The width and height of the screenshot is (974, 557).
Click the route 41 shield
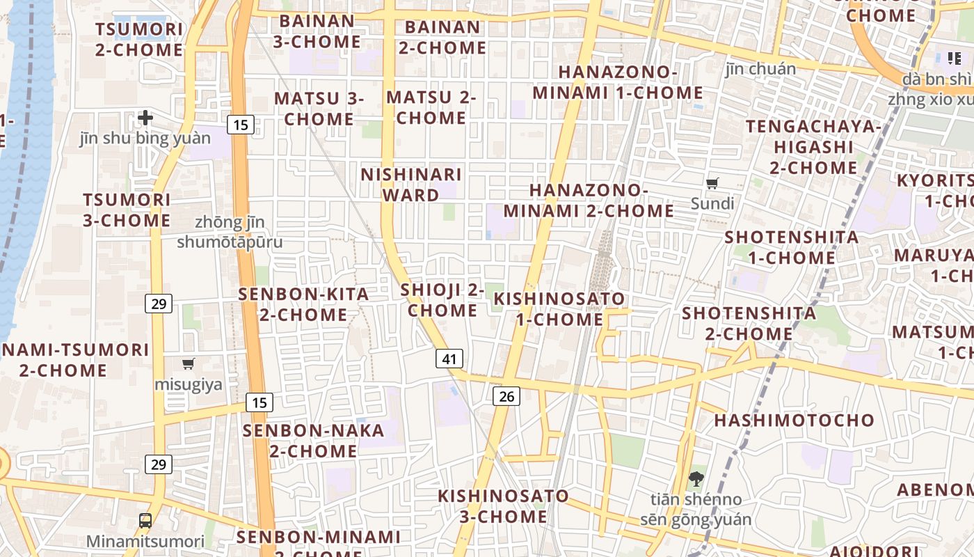pyautogui.click(x=449, y=359)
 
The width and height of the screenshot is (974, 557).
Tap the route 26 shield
pyautogui.click(x=506, y=396)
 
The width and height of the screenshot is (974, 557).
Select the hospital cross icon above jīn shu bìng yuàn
pyautogui.click(x=145, y=118)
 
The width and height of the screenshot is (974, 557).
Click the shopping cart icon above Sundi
pyautogui.click(x=712, y=184)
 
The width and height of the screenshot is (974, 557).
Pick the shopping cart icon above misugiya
pyautogui.click(x=188, y=363)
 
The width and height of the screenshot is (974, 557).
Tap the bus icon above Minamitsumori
pyautogui.click(x=145, y=520)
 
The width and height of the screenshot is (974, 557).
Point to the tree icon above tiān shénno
pyautogui.click(x=695, y=478)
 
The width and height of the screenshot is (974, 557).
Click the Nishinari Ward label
pyautogui.click(x=410, y=185)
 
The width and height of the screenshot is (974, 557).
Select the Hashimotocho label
pyautogui.click(x=794, y=420)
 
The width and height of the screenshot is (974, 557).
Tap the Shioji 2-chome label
pyautogui.click(x=442, y=300)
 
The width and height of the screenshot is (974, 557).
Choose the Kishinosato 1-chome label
pyautogui.click(x=559, y=309)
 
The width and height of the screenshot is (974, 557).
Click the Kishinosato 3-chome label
pyautogui.click(x=503, y=506)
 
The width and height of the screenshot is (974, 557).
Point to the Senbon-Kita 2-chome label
pyautogui.click(x=303, y=304)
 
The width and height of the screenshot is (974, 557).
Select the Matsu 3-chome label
pyautogui.click(x=319, y=109)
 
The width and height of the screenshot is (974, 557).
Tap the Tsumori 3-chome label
pyautogui.click(x=127, y=210)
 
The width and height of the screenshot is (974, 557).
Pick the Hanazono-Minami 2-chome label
pyautogui.click(x=589, y=200)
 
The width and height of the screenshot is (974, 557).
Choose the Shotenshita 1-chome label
pyautogui.click(x=792, y=247)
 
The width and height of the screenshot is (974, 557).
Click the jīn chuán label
pyautogui.click(x=760, y=69)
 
